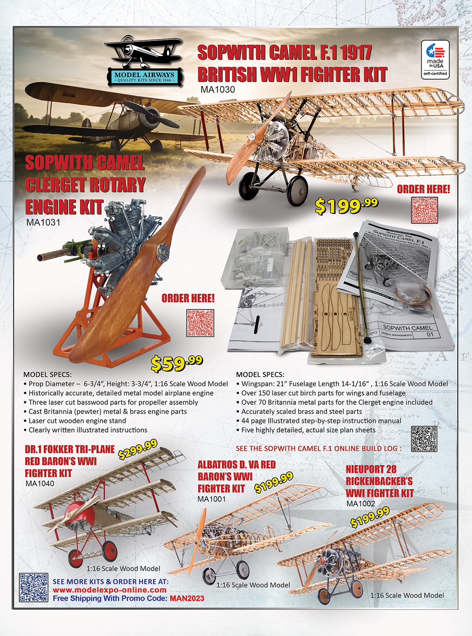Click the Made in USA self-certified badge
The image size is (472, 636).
pos(435,59)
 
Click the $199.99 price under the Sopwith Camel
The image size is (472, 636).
pos(346,206)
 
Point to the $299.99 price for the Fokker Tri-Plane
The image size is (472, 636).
pos(138,449)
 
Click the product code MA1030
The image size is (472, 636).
pos(218,90)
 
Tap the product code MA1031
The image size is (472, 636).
pos(43,222)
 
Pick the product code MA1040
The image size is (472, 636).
pos(40,484)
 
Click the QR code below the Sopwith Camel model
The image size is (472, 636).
pos(424,210)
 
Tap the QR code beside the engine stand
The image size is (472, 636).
pos(200,323)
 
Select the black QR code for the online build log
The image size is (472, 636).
pos(424,439)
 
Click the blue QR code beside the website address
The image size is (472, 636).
pos(33,587)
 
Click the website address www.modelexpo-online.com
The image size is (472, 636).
pos(109,590)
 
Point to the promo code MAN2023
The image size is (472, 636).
pos(187,599)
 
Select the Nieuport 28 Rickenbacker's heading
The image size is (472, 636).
pos(379,481)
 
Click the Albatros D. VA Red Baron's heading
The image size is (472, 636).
pos(236,476)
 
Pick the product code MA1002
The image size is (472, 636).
pos(361,504)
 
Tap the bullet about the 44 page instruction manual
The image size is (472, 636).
pos(321,421)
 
